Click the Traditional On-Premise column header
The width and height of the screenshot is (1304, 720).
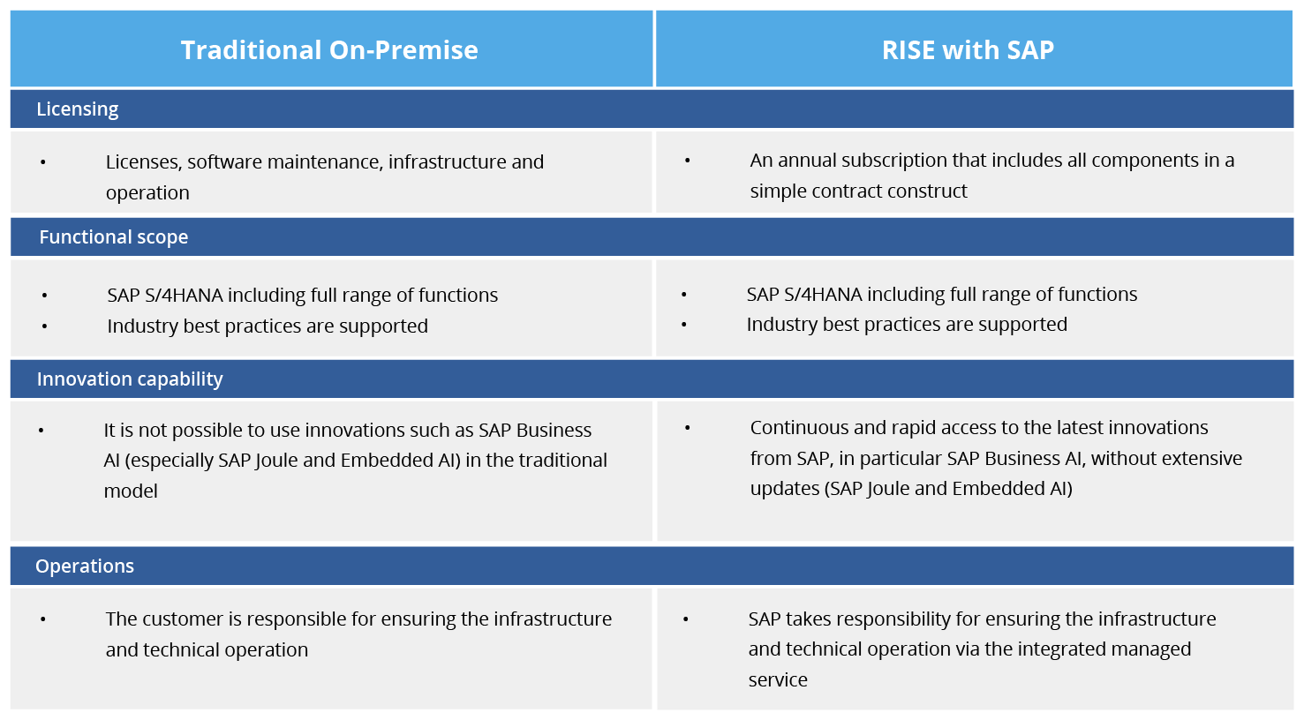[x=329, y=50]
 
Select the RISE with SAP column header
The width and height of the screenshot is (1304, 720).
[x=968, y=50]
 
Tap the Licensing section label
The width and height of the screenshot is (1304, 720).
[x=78, y=109]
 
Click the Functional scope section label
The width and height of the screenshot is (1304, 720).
[x=114, y=237]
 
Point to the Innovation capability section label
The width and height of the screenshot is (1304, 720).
[x=130, y=379]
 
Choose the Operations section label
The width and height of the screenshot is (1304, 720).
[x=85, y=566]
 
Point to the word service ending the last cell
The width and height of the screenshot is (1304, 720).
[x=778, y=680]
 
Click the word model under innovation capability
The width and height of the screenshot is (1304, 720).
[x=131, y=491]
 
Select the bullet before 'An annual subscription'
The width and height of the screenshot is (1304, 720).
[x=687, y=161]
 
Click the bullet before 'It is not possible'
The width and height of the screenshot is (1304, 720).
[x=41, y=431]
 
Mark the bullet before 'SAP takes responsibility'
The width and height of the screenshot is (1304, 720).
[x=686, y=619]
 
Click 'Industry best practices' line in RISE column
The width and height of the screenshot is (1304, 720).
[x=907, y=325]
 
